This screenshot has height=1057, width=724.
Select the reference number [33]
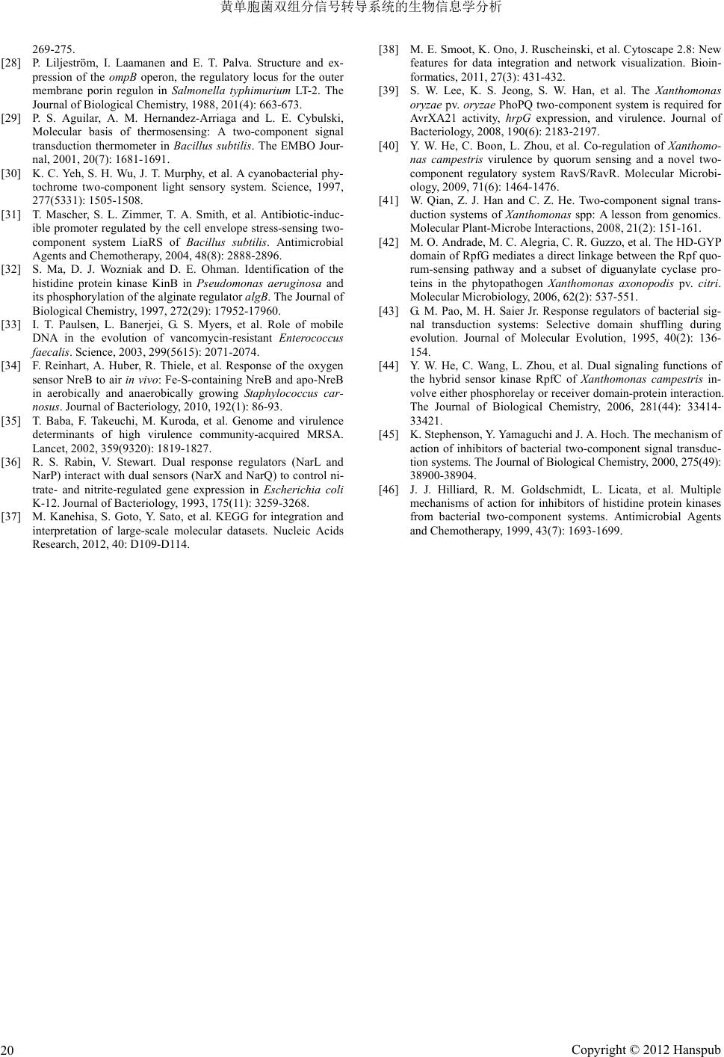11,324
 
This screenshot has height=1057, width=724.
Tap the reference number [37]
11,517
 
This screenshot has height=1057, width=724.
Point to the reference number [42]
389,242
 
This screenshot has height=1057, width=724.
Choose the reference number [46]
389,490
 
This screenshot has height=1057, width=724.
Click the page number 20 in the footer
9,1050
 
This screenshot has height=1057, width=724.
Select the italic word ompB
120,77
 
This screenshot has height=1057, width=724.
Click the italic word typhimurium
259,90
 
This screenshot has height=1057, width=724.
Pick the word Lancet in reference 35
49,449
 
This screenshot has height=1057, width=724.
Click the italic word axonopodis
615,284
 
